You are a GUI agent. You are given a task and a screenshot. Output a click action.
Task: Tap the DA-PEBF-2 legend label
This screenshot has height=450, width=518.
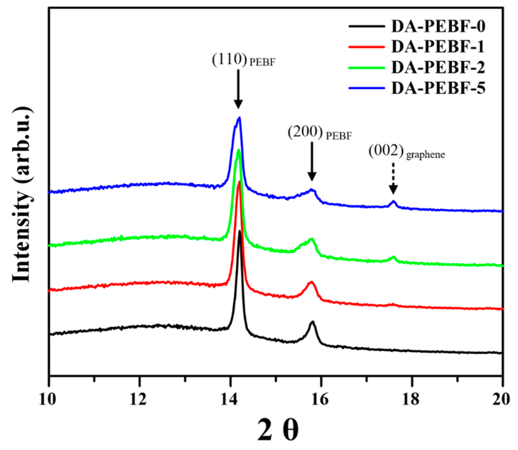coord(438,67)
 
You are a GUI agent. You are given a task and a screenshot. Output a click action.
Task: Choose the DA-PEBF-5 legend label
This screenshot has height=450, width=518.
coord(438,88)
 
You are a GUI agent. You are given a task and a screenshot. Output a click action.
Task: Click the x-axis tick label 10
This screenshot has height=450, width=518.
coord(48,399)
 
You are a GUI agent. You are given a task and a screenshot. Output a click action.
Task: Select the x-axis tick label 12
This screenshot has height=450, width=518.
coord(138,399)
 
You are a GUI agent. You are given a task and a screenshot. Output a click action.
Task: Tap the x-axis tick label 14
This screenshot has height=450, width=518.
coord(229,399)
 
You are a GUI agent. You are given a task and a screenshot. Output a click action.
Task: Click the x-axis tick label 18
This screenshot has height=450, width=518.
coord(412,399)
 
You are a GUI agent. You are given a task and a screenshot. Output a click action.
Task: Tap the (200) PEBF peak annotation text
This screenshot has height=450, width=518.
coord(320,133)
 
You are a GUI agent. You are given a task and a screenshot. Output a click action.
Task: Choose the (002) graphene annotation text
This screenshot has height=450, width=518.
coord(406,152)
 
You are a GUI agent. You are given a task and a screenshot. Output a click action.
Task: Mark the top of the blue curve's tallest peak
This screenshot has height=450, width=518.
coord(239,118)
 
